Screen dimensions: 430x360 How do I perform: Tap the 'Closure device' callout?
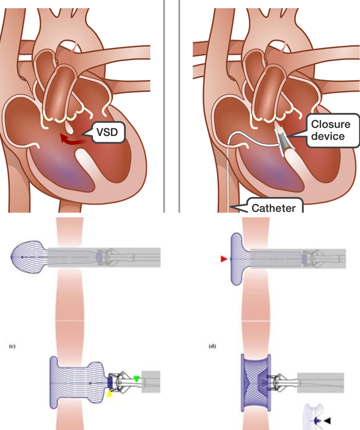tap(328, 130)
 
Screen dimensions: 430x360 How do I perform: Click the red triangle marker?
tap(223, 259)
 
